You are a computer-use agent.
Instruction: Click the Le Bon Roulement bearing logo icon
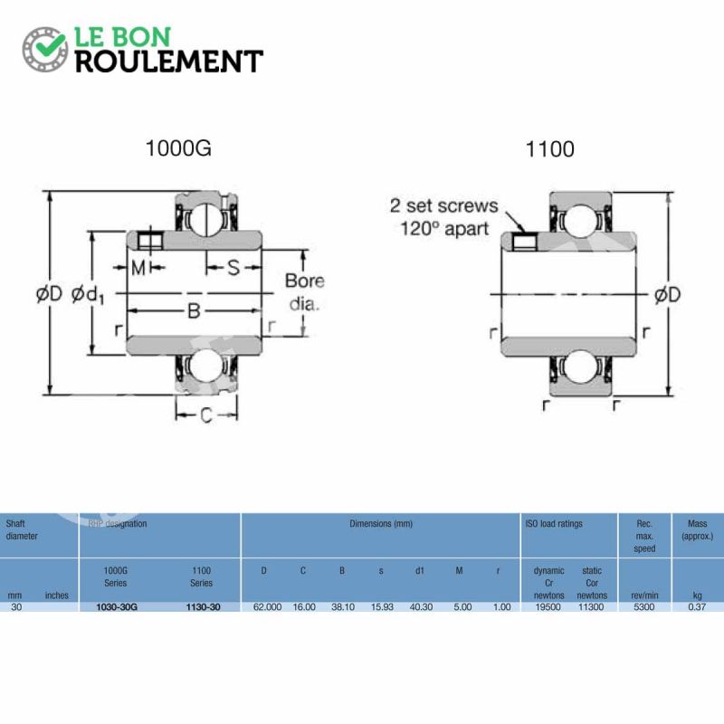pyautogui.click(x=45, y=49)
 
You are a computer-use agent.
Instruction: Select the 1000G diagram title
pyautogui.click(x=178, y=148)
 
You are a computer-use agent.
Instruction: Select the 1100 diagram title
pyautogui.click(x=549, y=149)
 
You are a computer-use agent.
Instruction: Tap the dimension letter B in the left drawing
pyautogui.click(x=193, y=311)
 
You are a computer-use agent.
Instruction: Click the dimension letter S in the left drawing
pyautogui.click(x=233, y=268)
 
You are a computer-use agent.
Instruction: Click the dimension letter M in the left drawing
pyautogui.click(x=138, y=268)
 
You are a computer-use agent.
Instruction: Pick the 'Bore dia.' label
pyautogui.click(x=304, y=292)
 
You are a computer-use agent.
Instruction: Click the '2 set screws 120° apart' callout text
pyautogui.click(x=443, y=217)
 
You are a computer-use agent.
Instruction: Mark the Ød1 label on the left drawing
pyautogui.click(x=88, y=295)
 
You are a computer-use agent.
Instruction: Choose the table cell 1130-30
pyautogui.click(x=203, y=607)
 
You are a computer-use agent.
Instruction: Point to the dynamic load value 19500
pyautogui.click(x=548, y=607)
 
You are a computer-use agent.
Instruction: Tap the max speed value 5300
pyautogui.click(x=643, y=607)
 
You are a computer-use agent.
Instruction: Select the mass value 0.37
pyautogui.click(x=697, y=607)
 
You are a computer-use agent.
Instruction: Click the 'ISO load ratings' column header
pyautogui.click(x=554, y=524)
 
